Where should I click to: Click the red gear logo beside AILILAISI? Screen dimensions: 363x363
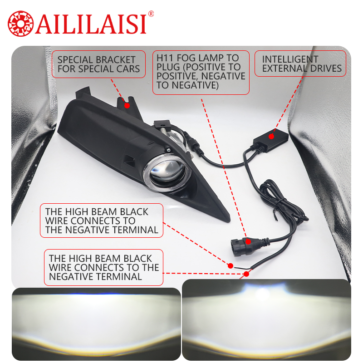tap(20, 24)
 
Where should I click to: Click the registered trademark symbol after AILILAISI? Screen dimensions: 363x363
tap(151, 14)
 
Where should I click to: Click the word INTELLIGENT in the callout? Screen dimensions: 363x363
tap(290, 59)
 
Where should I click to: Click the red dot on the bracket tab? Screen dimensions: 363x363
tap(127, 106)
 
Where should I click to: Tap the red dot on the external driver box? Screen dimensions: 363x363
tap(271, 137)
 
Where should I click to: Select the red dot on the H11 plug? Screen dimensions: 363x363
tap(248, 242)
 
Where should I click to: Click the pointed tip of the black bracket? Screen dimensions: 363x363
tap(229, 221)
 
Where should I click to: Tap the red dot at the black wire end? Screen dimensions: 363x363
tap(231, 266)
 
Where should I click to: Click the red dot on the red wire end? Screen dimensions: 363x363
tap(246, 274)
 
